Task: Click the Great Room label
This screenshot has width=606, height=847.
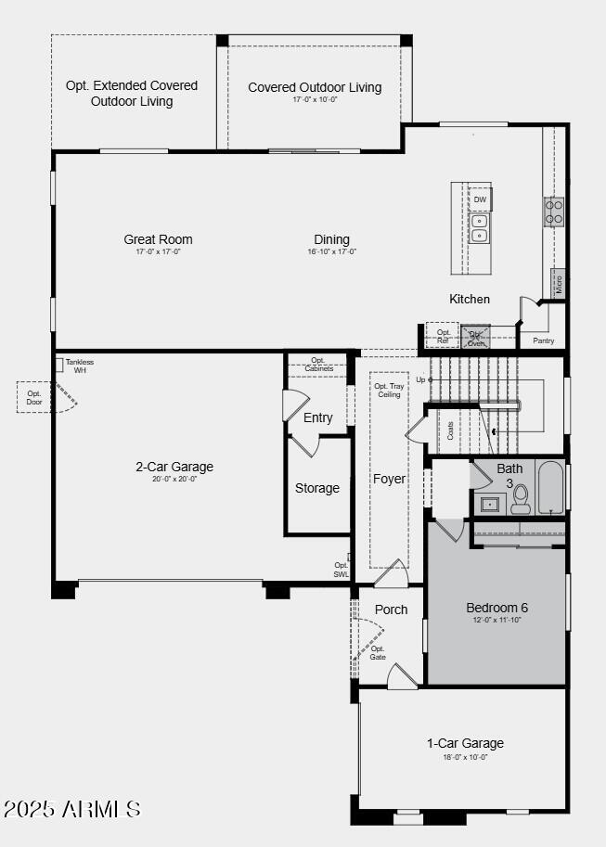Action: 158,239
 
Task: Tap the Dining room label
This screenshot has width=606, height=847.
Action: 331,239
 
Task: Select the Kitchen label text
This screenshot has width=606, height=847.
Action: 470,299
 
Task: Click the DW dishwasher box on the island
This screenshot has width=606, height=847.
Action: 480,199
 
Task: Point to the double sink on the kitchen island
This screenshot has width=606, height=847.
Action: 480,228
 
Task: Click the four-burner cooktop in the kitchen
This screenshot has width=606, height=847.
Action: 554,212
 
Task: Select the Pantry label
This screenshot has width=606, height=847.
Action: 543,341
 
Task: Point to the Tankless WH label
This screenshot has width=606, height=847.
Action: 79,366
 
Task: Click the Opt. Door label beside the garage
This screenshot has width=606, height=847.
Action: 33,397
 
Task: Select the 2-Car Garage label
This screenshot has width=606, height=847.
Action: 174,467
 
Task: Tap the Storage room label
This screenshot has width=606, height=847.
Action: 317,488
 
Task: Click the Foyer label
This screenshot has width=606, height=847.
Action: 389,479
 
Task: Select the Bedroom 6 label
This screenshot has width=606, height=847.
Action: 496,608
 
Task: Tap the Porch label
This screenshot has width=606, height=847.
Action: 391,610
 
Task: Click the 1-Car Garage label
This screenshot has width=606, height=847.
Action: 465,743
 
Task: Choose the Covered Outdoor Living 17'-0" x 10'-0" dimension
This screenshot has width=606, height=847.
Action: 315,99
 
